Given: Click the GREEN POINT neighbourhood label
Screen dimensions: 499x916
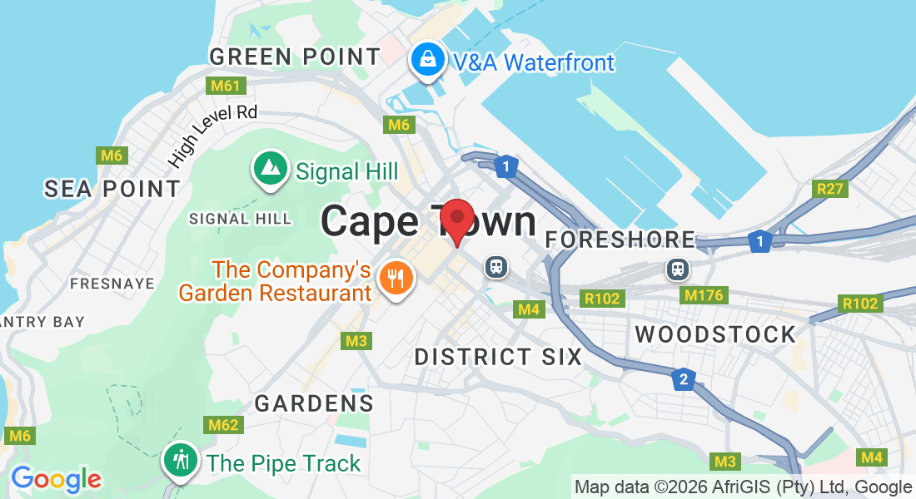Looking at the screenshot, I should coord(295,57).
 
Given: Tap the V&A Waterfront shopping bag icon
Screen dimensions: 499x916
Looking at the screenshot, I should coord(427,60).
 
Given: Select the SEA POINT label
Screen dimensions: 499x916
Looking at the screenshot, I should coord(112,189).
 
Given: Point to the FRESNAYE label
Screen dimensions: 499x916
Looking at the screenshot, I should coord(112,284).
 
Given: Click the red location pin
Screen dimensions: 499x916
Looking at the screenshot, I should coord(456,220).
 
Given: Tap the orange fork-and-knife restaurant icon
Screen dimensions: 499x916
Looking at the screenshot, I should coord(395,278).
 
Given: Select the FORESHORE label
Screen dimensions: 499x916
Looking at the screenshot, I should coord(620,240).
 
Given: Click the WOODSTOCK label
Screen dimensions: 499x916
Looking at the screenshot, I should coord(715,334).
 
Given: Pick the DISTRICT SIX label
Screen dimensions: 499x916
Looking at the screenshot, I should coord(499,357).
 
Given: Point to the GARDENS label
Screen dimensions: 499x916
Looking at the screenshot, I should coord(314,403).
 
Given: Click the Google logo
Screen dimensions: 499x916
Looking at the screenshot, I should coord(56,479).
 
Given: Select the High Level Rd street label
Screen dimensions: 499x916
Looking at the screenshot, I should coord(212,133).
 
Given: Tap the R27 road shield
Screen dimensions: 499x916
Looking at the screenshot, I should coord(830,189).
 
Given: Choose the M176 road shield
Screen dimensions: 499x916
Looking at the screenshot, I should coord(704,294).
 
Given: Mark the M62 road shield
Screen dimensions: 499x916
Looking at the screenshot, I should coord(224,425).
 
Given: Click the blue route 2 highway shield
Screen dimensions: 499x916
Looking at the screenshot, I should coord(683,379).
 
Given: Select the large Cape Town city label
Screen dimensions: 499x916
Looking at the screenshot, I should coord(428,222).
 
